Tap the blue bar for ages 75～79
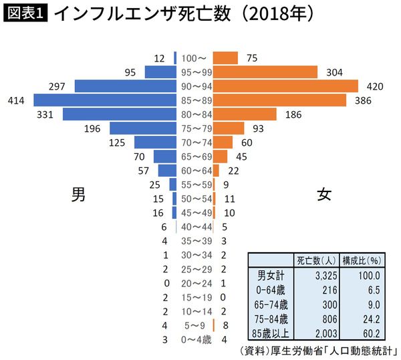point(142,128)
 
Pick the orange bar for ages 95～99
point(267,72)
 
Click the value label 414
point(16,100)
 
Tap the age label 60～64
point(196,171)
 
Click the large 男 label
point(78,195)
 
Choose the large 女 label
point(324,195)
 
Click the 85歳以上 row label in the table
point(270,333)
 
